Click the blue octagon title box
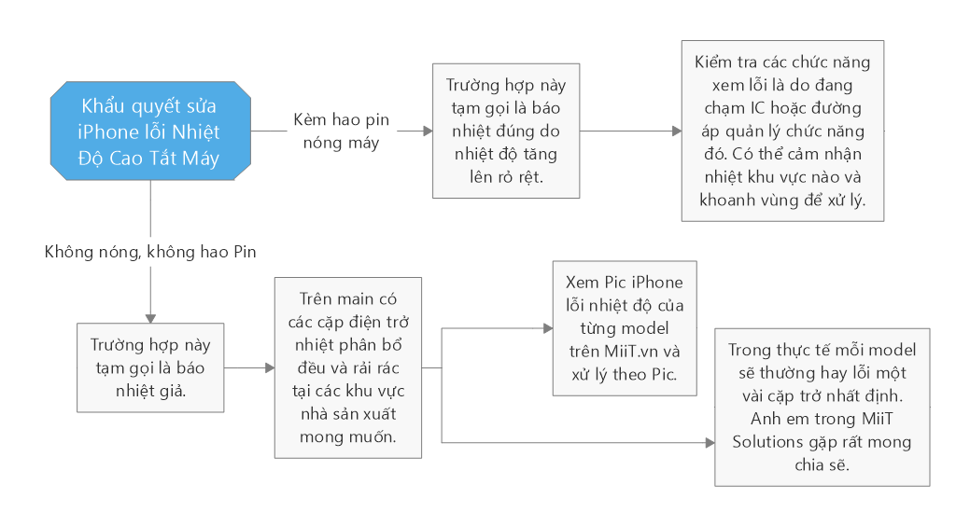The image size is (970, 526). (150, 131)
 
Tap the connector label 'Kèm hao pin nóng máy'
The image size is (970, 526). (341, 131)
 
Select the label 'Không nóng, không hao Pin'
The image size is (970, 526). (150, 251)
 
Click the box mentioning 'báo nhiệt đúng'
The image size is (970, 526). (506, 131)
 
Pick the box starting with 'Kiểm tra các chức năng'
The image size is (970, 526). (782, 131)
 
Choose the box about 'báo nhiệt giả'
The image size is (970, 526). (150, 367)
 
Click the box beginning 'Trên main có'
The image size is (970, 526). (348, 367)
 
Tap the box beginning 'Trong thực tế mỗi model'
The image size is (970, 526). (822, 407)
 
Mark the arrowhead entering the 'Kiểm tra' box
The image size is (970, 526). (677, 131)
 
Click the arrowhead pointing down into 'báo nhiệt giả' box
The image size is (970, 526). (150, 318)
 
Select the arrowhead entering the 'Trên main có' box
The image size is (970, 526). (269, 367)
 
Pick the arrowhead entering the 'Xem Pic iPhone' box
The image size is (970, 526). (548, 328)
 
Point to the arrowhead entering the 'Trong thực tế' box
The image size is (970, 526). (710, 442)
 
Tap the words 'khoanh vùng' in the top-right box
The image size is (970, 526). (746, 200)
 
